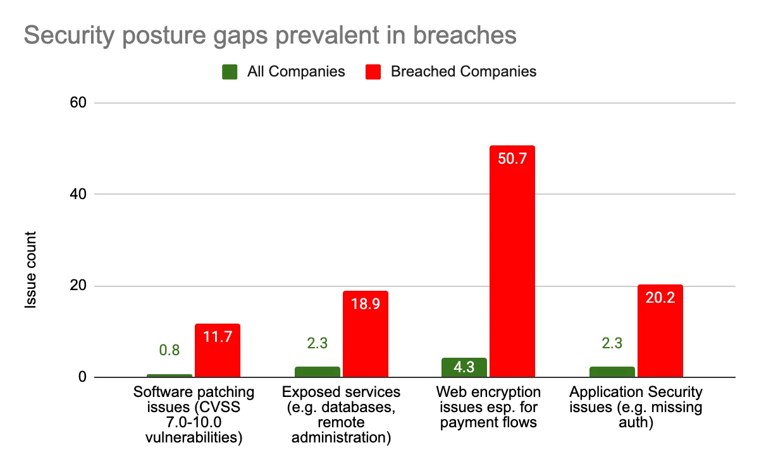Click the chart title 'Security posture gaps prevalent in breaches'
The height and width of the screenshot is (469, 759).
pos(270,35)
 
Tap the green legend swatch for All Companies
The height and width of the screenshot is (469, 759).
pos(230,71)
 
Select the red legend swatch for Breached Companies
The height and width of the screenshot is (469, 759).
pos(373,71)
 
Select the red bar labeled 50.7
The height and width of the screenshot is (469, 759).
pos(512,262)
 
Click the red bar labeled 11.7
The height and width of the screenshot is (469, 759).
pos(218,351)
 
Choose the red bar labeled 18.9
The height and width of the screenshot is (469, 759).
pos(365,334)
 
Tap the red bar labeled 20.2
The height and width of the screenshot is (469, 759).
pos(660,331)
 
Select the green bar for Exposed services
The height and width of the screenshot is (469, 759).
pos(317,372)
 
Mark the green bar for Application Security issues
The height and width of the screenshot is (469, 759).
pos(612,372)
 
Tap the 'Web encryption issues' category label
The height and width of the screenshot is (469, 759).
pos(488,407)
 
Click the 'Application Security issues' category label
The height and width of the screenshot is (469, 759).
pos(636,407)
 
